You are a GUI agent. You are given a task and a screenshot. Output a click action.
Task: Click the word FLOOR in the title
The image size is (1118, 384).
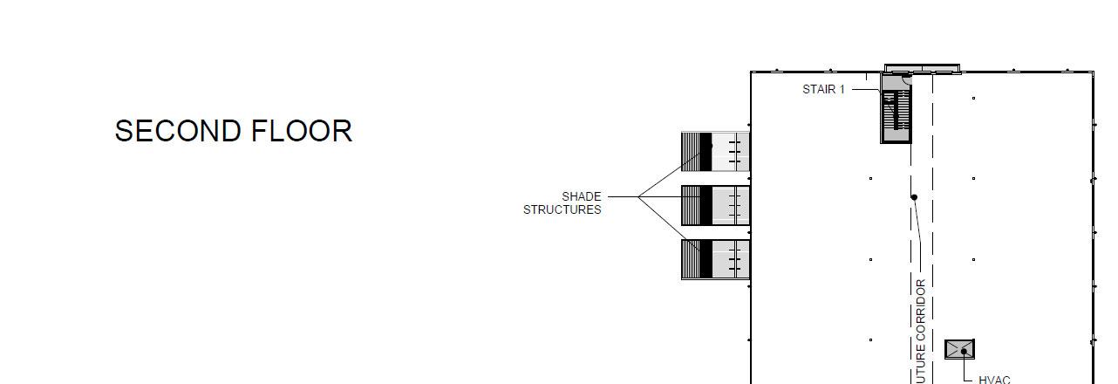click(302, 131)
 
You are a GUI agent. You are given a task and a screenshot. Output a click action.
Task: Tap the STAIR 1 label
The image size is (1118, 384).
click(823, 89)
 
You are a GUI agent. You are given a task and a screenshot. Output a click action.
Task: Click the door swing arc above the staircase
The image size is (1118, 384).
click(906, 79)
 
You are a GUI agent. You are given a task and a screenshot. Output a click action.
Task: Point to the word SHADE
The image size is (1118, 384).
click(581, 196)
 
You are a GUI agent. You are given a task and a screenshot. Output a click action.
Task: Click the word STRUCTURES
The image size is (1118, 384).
click(562, 209)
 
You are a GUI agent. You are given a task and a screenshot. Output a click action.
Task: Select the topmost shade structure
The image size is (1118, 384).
click(715, 152)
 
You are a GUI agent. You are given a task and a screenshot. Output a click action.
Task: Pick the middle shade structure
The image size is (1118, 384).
click(715, 205)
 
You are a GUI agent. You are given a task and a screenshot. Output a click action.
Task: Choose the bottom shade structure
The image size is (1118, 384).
click(715, 259)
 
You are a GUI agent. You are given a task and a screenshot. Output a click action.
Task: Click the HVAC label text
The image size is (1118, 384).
click(994, 380)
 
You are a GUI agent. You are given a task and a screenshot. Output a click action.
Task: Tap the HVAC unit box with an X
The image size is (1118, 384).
click(959, 349)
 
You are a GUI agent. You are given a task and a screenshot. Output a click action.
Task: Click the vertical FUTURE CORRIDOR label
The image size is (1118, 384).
click(921, 332)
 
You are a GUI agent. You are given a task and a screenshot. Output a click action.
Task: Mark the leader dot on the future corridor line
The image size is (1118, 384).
click(914, 197)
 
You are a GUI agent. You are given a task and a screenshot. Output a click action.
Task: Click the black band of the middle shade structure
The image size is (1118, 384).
click(706, 205)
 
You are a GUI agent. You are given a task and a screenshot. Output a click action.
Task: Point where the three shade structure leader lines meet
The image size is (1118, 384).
click(638, 197)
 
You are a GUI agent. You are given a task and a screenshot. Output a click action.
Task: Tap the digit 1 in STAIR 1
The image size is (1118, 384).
click(842, 89)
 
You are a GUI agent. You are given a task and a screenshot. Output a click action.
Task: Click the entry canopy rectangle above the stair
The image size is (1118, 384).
click(922, 67)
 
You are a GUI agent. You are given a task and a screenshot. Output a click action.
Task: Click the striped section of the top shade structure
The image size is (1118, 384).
click(691, 152)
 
